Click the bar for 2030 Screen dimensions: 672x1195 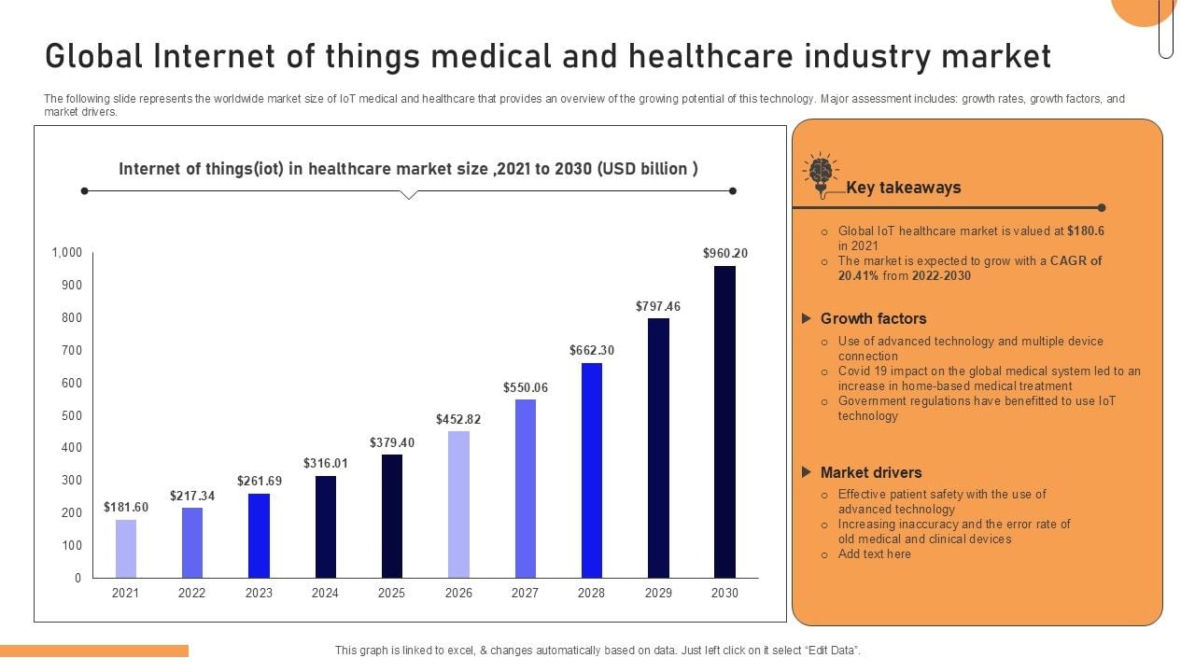tap(724, 422)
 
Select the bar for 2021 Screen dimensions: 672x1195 tap(126, 549)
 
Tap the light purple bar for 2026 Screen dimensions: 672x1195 tap(458, 504)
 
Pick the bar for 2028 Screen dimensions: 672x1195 tap(592, 470)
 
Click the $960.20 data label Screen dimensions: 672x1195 tap(725, 253)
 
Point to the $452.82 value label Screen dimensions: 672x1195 tap(458, 419)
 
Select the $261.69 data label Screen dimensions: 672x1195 tap(259, 481)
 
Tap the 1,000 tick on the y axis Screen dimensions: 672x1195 tap(67, 253)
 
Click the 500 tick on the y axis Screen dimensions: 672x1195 tap(72, 415)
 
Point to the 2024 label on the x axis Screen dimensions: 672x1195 tap(325, 593)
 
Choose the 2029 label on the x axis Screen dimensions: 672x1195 tap(658, 593)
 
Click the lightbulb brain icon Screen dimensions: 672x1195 tap(820, 174)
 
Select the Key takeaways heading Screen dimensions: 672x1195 tap(903, 188)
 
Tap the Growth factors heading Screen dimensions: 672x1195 tap(873, 318)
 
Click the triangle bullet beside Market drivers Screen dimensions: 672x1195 tap(807, 472)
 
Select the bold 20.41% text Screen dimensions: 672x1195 tap(858, 275)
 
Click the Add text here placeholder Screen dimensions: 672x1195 tap(874, 553)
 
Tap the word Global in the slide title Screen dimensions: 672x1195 tap(94, 57)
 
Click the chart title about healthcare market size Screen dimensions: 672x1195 tap(408, 169)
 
